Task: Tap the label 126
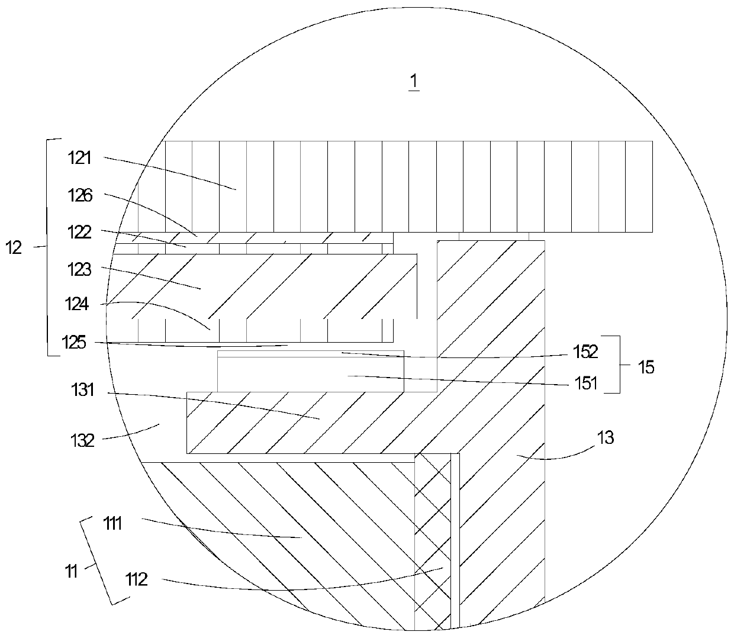tap(79, 195)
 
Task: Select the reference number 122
tap(79, 232)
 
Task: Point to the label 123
tap(79, 269)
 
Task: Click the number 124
tap(78, 305)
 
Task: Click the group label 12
tap(14, 247)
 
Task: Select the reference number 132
tap(82, 441)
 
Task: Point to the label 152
tap(586, 352)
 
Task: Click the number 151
tap(586, 383)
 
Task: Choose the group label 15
tap(646, 367)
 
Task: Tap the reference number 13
tap(606, 438)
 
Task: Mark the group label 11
tap(70, 572)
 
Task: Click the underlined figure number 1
tap(414, 82)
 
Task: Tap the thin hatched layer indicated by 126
tap(255, 237)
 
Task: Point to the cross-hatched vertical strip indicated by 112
tap(432, 533)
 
